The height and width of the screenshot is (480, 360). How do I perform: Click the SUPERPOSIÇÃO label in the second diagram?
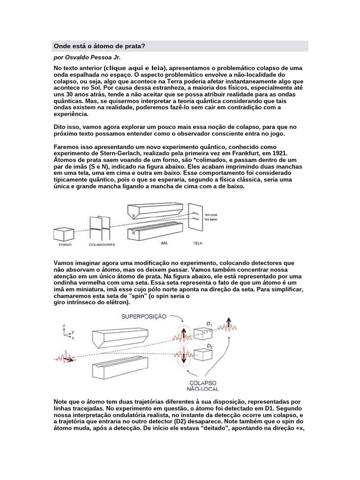coord(144,316)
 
